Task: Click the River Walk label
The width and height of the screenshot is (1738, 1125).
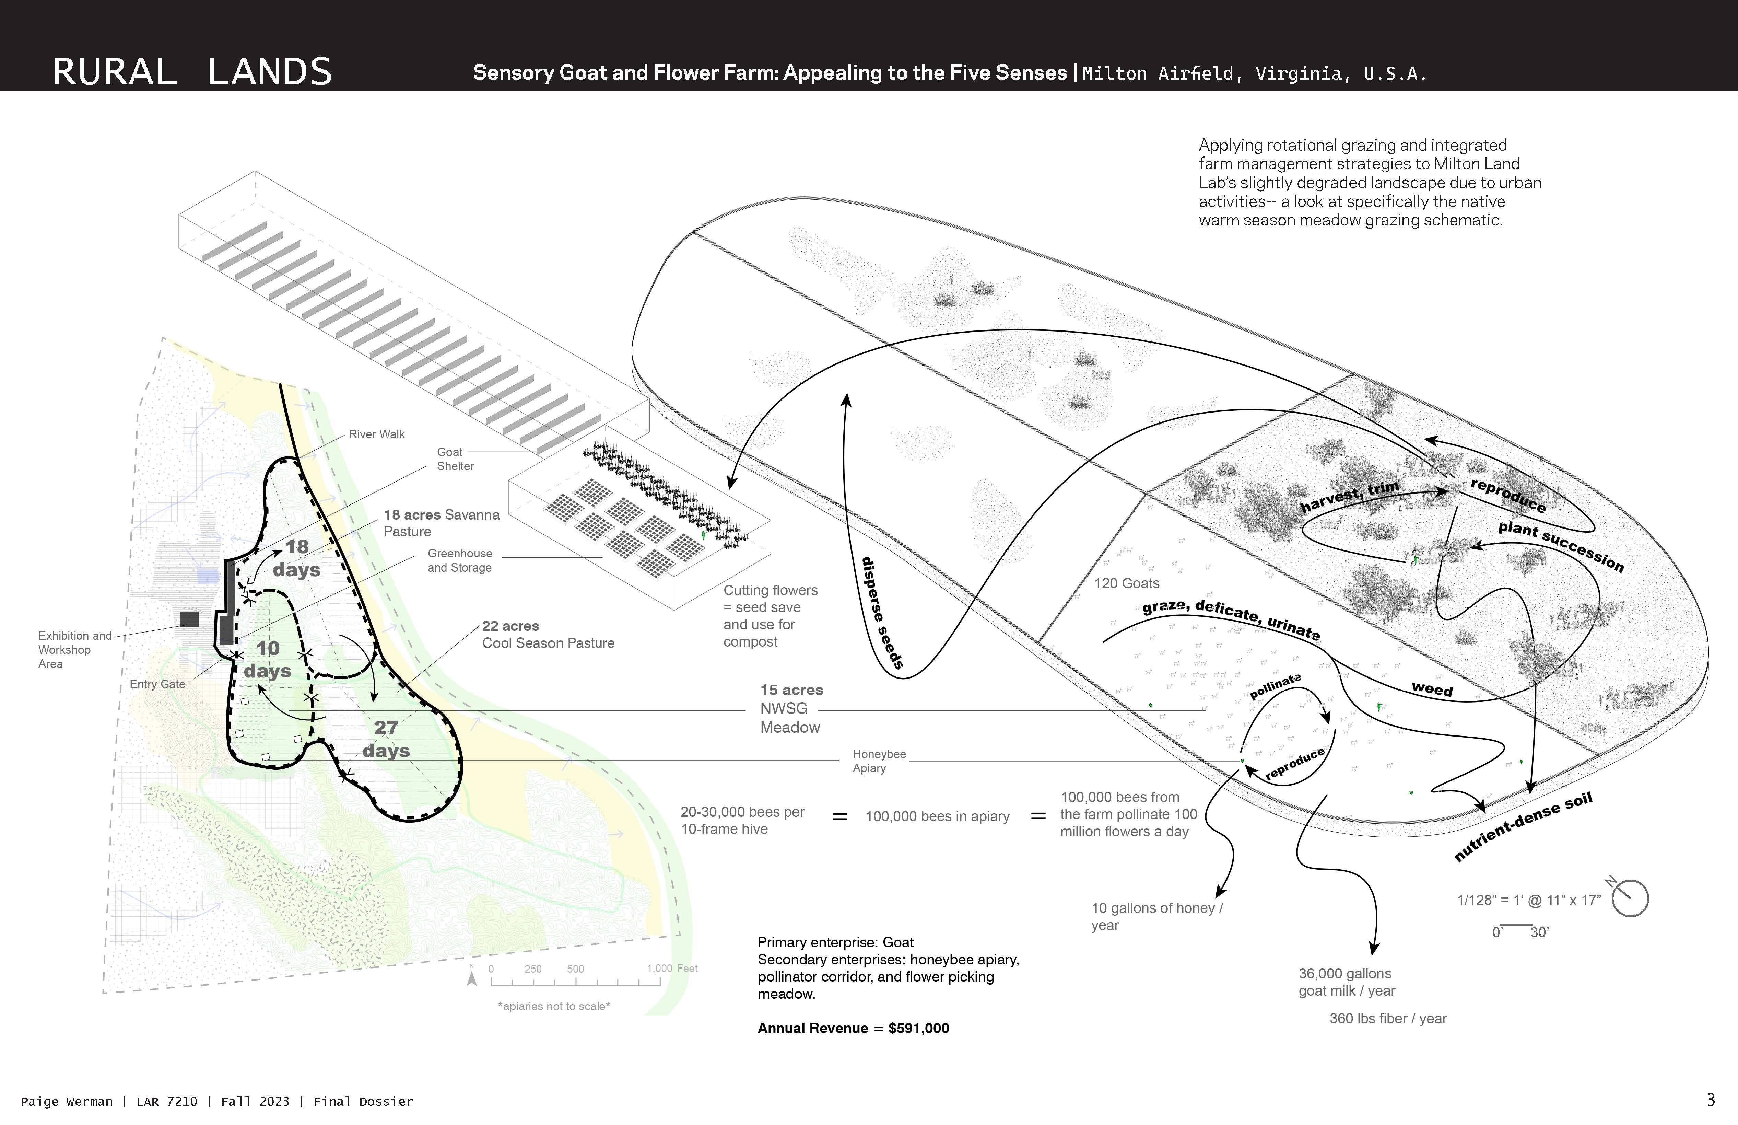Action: pos(376,434)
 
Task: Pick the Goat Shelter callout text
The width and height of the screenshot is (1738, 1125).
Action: pos(455,459)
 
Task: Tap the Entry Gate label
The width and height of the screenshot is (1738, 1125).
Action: pos(157,684)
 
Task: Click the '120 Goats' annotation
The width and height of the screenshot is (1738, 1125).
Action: pos(1126,583)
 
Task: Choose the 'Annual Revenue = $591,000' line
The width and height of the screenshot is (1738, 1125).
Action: pos(853,1028)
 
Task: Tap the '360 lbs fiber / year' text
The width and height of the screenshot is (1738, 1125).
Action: pos(1387,1018)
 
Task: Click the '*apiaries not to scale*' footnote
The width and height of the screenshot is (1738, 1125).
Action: pos(553,1006)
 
